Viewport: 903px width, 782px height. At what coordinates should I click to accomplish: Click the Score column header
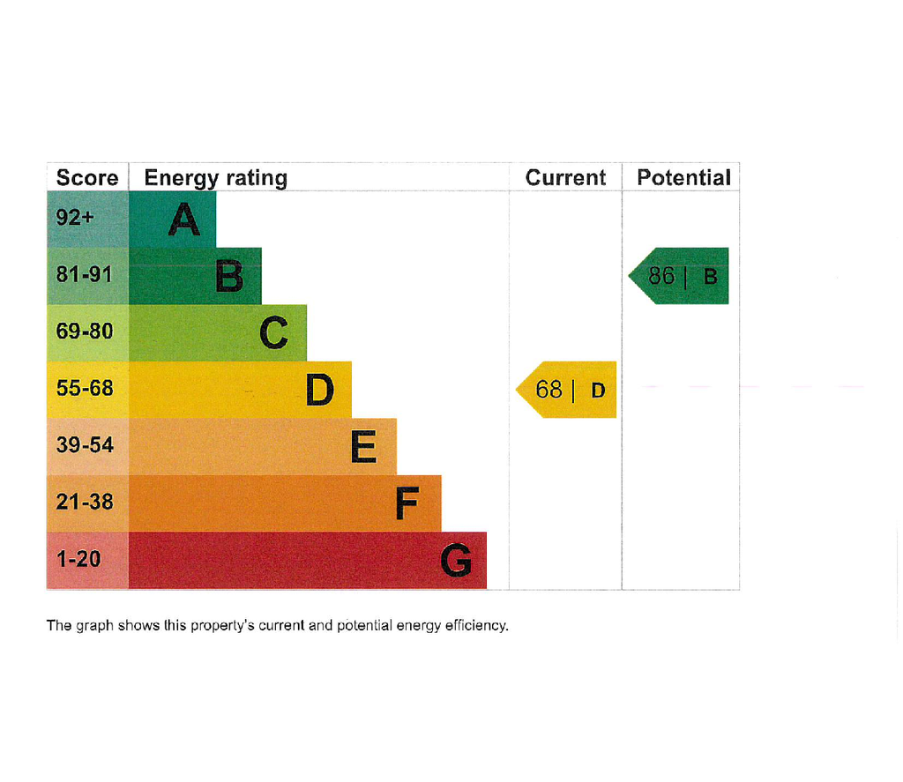[87, 177]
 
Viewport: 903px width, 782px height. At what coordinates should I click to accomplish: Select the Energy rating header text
[215, 178]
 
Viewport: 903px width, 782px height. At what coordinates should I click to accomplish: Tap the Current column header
[565, 177]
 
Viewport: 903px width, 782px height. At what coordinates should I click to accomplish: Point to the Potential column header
[683, 177]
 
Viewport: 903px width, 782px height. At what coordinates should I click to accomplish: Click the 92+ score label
[75, 217]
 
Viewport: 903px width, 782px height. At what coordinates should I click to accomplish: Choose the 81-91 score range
[84, 274]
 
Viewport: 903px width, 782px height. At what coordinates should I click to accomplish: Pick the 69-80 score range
[85, 331]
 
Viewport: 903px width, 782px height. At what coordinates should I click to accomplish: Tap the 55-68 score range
[85, 388]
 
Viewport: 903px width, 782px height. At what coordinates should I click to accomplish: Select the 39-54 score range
[85, 444]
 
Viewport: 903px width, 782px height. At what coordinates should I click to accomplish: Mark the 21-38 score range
[85, 502]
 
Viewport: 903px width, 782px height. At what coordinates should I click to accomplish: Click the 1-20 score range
[78, 559]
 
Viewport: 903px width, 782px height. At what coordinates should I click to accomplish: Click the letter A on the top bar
[184, 220]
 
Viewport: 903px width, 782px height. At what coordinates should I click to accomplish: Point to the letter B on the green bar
[229, 276]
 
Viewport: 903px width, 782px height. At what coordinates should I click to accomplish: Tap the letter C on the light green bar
[273, 333]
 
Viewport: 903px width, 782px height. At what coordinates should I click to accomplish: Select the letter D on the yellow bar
[319, 390]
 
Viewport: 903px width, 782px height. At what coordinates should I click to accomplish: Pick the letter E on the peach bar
[364, 446]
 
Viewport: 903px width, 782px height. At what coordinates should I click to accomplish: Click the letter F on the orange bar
[407, 503]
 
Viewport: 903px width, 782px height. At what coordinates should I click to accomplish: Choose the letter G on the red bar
[456, 561]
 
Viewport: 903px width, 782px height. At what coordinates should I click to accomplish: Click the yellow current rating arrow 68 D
[566, 390]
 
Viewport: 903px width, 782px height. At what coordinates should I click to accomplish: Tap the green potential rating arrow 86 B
[678, 276]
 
